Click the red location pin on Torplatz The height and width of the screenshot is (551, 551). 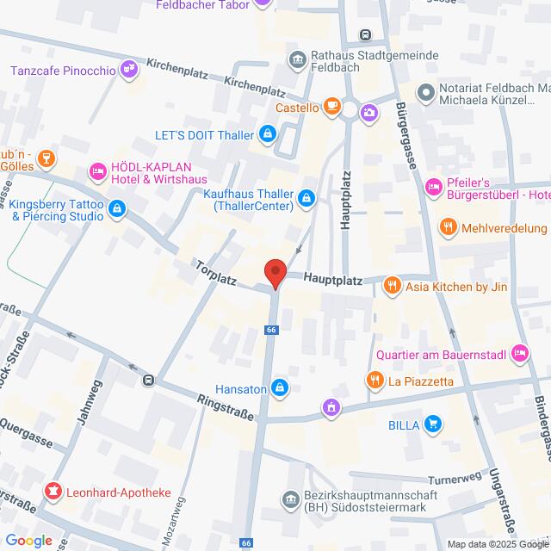[x=275, y=272]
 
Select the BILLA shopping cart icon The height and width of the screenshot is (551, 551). [x=433, y=424]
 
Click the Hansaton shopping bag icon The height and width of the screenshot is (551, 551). [x=279, y=389]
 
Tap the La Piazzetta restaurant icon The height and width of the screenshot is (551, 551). [x=375, y=380]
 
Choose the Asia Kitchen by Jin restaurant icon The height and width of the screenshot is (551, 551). [x=392, y=285]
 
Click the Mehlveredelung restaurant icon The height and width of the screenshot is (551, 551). [x=447, y=227]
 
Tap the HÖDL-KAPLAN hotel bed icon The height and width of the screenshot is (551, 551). [x=98, y=172]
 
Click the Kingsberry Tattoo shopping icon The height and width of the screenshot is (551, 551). [x=118, y=208]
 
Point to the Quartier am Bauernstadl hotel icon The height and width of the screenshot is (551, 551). [x=518, y=353]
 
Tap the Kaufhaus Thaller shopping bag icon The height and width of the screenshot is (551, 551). [x=306, y=201]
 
